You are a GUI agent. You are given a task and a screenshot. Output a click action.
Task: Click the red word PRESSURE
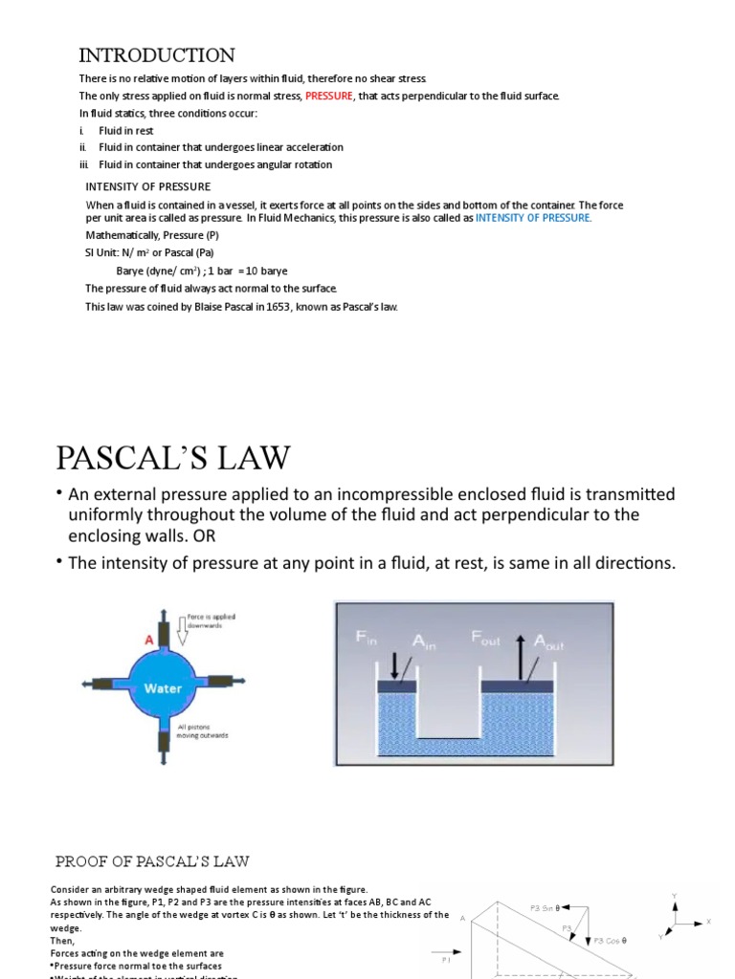tap(329, 97)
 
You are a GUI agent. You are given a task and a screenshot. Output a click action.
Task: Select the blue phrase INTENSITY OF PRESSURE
tap(533, 218)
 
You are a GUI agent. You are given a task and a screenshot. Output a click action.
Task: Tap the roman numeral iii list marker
tap(83, 164)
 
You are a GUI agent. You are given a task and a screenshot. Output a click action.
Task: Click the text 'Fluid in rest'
tap(125, 130)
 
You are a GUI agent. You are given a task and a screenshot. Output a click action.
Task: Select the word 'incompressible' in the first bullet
tap(367, 494)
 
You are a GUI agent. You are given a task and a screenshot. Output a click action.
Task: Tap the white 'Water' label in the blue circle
tap(163, 687)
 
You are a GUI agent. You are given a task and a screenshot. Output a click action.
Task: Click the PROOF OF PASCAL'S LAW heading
tap(152, 861)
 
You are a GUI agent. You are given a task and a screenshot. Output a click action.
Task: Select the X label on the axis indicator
tap(708, 922)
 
